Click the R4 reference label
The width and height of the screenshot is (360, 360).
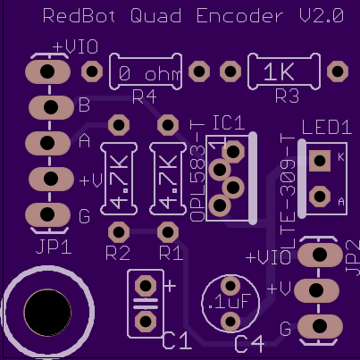(x=145, y=96)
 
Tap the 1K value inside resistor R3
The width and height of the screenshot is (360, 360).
(x=279, y=72)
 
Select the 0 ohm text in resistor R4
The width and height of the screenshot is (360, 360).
(x=149, y=74)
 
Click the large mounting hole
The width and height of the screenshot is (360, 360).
(x=47, y=313)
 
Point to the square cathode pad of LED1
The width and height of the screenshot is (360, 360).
(x=320, y=161)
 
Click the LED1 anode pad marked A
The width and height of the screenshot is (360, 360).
(x=320, y=197)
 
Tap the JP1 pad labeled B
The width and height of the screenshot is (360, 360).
(x=51, y=107)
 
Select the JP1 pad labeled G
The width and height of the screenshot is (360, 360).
(x=47, y=214)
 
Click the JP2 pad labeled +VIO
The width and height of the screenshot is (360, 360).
(x=320, y=255)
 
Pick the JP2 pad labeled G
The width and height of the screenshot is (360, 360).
(x=320, y=326)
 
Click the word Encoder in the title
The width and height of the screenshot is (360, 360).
(x=239, y=16)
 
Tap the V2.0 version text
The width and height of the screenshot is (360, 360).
(x=322, y=16)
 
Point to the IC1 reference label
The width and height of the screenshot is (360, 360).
(x=229, y=122)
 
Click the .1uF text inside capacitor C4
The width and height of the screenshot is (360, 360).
(x=230, y=302)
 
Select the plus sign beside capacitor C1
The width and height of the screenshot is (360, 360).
(x=170, y=286)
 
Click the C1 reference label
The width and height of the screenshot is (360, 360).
(x=177, y=341)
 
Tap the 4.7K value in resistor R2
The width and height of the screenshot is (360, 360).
(x=120, y=181)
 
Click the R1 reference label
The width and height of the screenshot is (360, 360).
(x=171, y=254)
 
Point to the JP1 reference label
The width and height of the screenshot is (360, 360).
(x=54, y=247)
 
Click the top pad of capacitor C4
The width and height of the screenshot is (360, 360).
(x=230, y=286)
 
